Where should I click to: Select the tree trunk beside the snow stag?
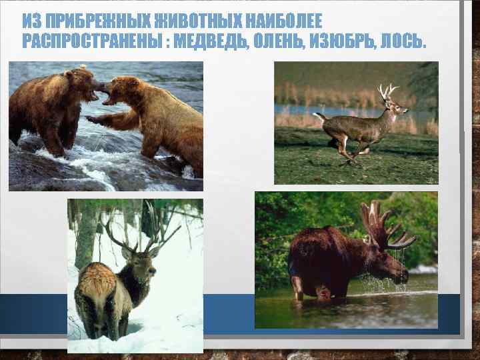(x=84, y=233)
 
